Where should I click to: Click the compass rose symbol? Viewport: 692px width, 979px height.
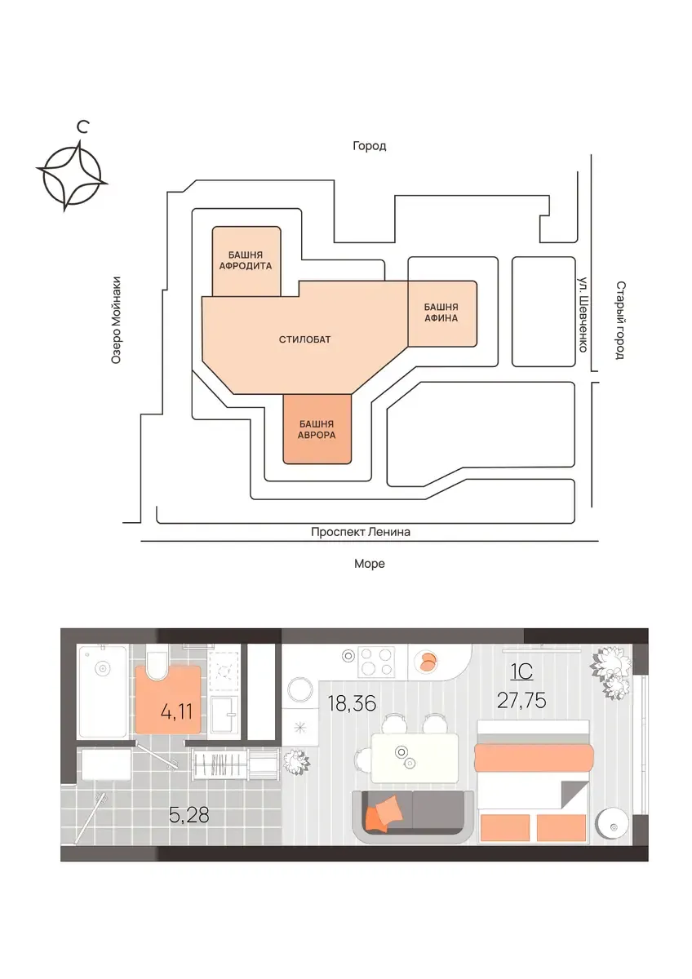(72, 175)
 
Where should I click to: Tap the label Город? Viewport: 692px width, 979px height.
(370, 145)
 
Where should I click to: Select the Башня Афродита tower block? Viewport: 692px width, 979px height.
(246, 261)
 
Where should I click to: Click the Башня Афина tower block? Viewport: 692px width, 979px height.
(442, 313)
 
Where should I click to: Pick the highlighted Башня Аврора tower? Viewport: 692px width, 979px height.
(317, 429)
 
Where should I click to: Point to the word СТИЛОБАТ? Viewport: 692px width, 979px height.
(304, 339)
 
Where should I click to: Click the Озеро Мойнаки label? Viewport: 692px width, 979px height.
(115, 321)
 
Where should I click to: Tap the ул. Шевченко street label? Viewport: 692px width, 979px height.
(583, 314)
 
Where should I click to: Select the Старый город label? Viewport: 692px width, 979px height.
(621, 321)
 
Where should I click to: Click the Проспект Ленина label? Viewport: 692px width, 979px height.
(360, 532)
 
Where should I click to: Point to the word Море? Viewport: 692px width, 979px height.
(370, 564)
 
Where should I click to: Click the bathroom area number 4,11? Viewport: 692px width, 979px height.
(176, 712)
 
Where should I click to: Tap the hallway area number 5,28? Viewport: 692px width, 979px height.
(189, 815)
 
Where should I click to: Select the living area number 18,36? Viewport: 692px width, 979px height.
(352, 703)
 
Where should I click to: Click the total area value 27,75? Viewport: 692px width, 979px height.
(521, 701)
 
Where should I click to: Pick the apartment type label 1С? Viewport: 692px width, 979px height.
(521, 671)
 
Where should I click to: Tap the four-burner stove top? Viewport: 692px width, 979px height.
(375, 662)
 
